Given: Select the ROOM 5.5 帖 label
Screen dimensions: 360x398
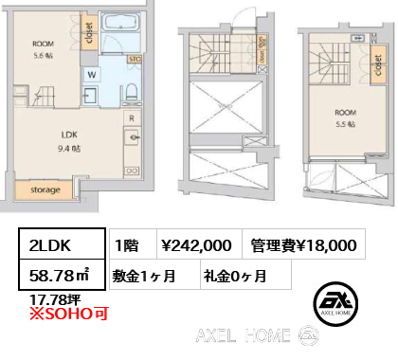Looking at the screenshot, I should (345, 118).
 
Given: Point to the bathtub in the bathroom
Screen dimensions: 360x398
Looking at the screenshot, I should (121, 23).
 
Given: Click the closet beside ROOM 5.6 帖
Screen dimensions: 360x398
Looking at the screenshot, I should (87, 32).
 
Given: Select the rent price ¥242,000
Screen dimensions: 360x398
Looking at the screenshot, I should (197, 245).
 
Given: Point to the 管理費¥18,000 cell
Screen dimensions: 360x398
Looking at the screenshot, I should (303, 245).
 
